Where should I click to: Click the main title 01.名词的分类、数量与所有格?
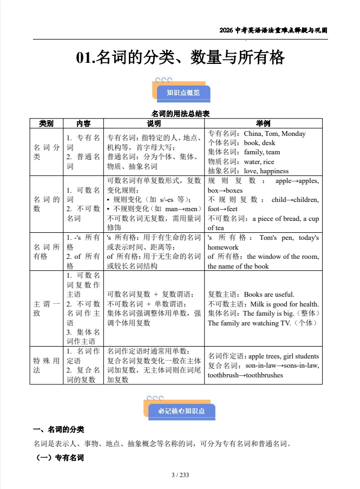coord(180,57)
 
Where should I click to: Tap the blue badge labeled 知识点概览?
coord(183,93)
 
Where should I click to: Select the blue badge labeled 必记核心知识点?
coord(182,411)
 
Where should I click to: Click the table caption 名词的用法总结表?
coord(180,114)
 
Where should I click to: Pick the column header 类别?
coord(46,123)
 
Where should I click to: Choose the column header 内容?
coord(83,123)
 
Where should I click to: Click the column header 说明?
coord(154,123)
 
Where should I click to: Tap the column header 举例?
coord(263,123)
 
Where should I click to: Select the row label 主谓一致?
coord(46,309)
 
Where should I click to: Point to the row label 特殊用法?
coord(46,366)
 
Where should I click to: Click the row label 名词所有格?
coord(46,252)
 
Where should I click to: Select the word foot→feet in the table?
coord(222,209)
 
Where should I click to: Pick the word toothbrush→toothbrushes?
coord(245,375)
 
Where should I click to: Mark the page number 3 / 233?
coord(180,475)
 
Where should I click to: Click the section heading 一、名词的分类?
coord(58,429)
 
